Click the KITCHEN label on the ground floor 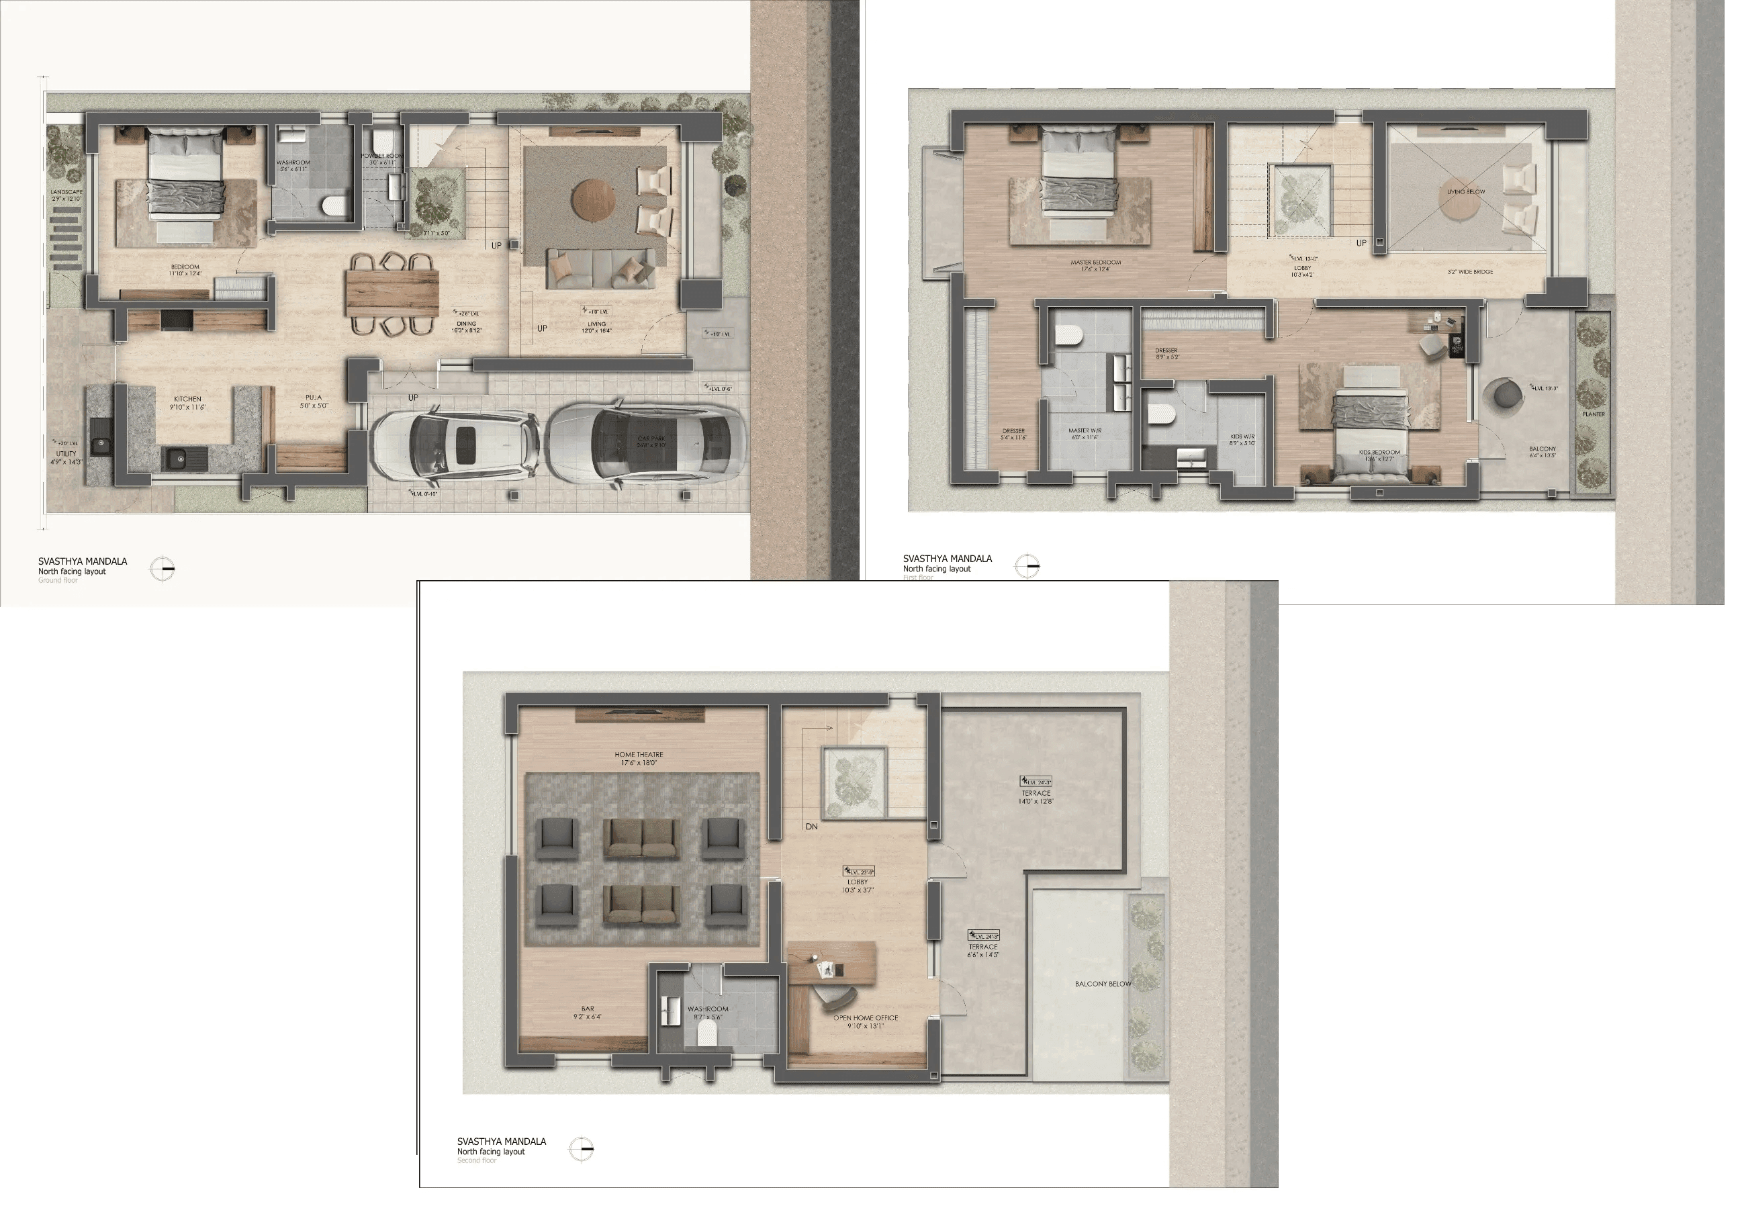(187, 399)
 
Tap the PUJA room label (314, 398)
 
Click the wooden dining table (392, 293)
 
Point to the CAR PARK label (651, 438)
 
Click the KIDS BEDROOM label (1379, 452)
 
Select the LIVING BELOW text (1466, 192)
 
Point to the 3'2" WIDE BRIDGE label (1469, 272)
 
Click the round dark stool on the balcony (1503, 393)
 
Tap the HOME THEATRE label (639, 754)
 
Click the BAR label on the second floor (588, 1009)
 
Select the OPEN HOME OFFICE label (866, 1018)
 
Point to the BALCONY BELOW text (1103, 984)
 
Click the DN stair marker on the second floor (811, 827)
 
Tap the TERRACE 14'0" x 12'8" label (1036, 794)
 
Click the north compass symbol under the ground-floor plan (163, 568)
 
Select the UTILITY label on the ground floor (66, 453)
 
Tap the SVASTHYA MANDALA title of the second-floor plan (501, 1141)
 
